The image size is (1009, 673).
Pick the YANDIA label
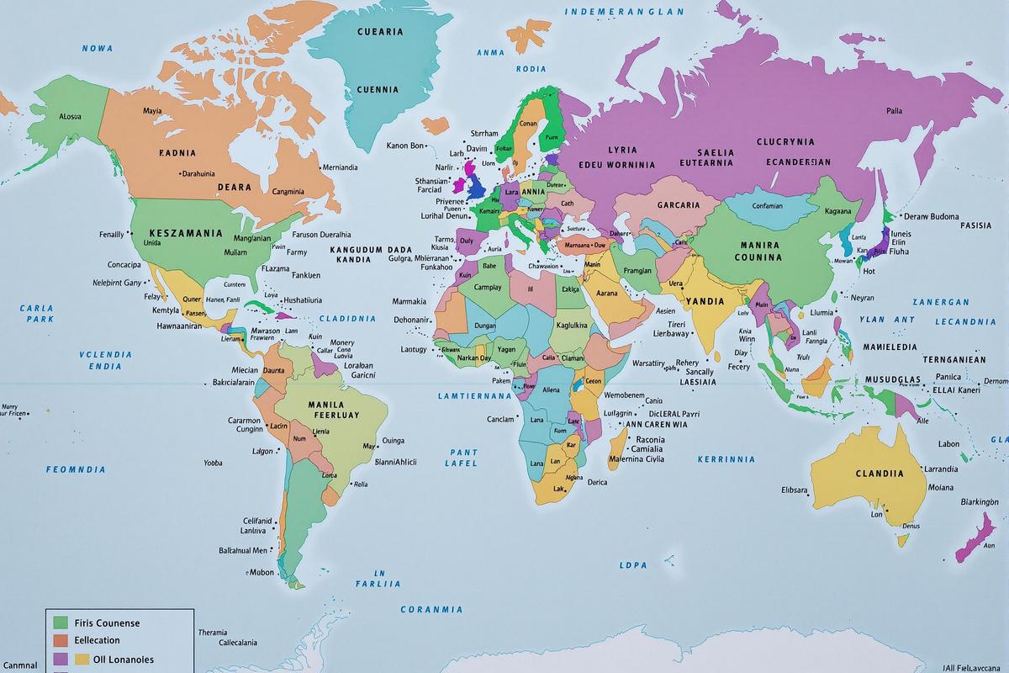point(705,300)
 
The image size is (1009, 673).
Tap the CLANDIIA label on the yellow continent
point(880,473)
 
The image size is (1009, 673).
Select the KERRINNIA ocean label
point(726,459)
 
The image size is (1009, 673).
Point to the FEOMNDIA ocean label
point(76,469)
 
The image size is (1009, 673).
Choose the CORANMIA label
point(431,609)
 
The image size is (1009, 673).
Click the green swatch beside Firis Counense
point(60,623)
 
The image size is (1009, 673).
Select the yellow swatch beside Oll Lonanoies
point(82,660)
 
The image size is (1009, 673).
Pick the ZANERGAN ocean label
point(940,302)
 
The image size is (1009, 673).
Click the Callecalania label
point(225,643)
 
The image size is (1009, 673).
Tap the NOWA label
point(97,49)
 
